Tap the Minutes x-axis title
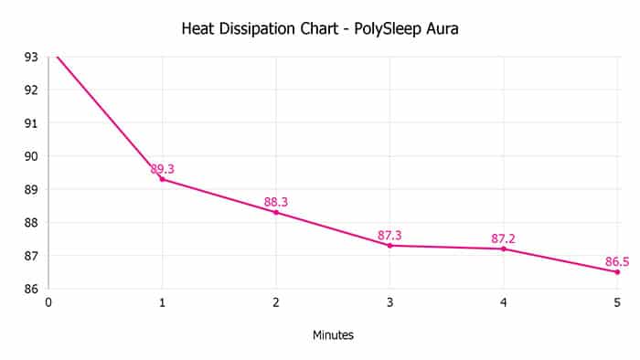(x=333, y=335)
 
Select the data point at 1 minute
(x=162, y=179)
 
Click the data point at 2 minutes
(x=276, y=212)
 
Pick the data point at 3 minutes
(x=389, y=245)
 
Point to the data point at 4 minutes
(x=504, y=249)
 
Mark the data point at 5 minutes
(x=617, y=271)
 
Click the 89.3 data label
(x=163, y=169)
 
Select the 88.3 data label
(x=276, y=202)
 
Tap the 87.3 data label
(x=389, y=235)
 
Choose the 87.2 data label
(x=503, y=238)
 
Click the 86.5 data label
(x=617, y=261)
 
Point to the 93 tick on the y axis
(x=31, y=57)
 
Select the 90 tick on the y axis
(x=31, y=156)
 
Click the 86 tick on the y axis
(x=31, y=289)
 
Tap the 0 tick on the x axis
(x=48, y=302)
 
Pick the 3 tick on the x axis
(x=389, y=302)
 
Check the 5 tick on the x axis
(x=617, y=302)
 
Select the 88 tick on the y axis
(x=31, y=222)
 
